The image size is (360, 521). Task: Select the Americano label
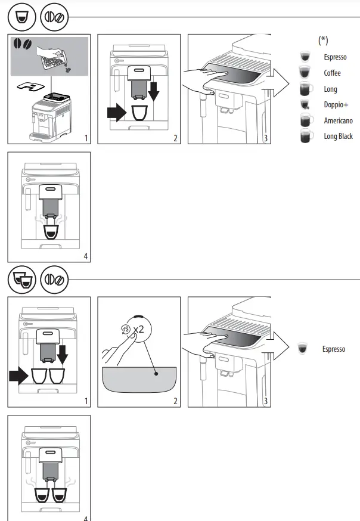click(338, 120)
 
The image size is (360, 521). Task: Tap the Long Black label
click(338, 137)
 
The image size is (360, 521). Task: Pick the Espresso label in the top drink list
click(335, 57)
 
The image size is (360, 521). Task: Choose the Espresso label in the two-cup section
click(334, 349)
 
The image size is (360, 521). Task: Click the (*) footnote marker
click(323, 41)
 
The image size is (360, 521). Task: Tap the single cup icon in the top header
click(21, 18)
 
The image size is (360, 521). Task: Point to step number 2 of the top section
click(175, 139)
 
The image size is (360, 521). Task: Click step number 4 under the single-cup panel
click(86, 256)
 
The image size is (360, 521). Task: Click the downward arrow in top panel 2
click(154, 92)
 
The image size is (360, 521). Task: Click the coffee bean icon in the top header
click(54, 18)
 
